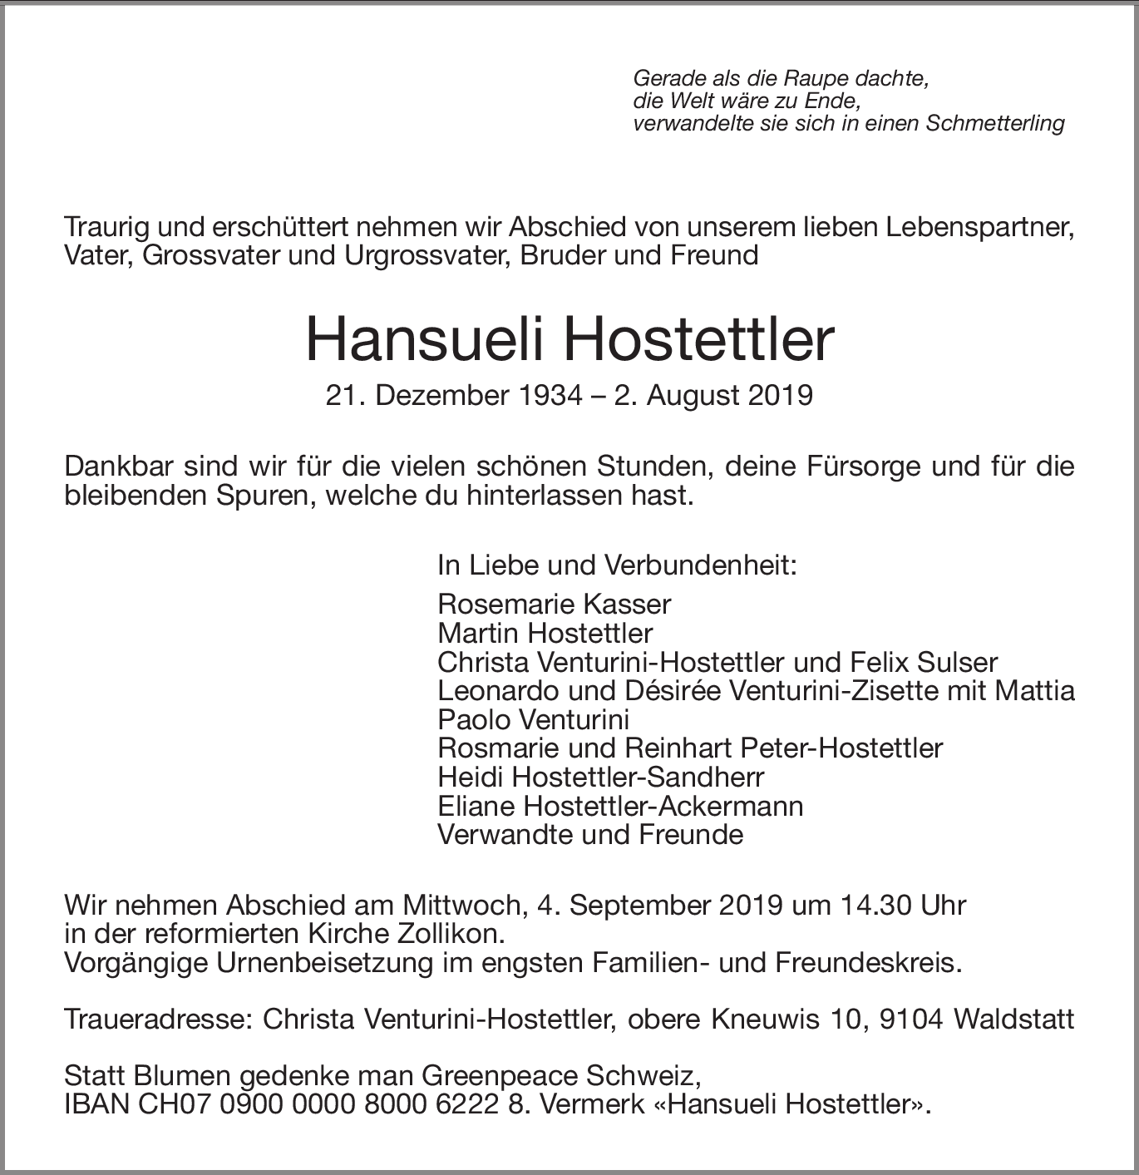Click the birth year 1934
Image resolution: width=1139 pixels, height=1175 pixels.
[x=546, y=395]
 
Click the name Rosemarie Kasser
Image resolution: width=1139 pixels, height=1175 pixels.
[x=554, y=604]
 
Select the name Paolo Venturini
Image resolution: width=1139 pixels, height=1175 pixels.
[x=533, y=719]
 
